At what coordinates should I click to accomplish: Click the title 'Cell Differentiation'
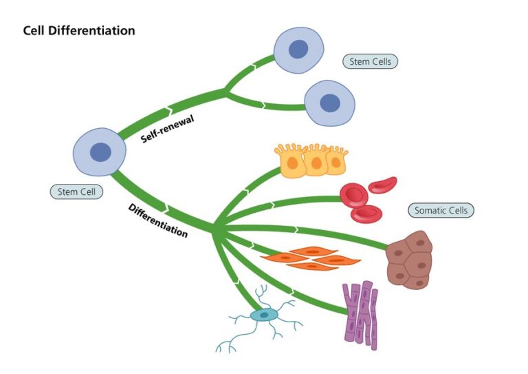[79, 31]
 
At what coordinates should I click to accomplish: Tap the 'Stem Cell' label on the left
[76, 191]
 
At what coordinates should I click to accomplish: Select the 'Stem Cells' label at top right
[370, 61]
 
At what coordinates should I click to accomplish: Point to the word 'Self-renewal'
[168, 129]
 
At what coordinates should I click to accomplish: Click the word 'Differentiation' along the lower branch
[157, 220]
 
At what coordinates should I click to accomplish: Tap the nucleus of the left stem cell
[101, 152]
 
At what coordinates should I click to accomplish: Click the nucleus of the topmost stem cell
[298, 49]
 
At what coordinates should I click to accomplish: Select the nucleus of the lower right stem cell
[330, 103]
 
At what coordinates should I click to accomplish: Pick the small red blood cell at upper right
[382, 185]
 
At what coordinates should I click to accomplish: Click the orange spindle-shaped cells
[311, 258]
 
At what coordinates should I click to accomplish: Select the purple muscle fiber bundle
[361, 313]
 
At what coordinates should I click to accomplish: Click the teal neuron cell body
[263, 315]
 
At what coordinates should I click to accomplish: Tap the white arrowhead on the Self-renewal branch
[167, 110]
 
